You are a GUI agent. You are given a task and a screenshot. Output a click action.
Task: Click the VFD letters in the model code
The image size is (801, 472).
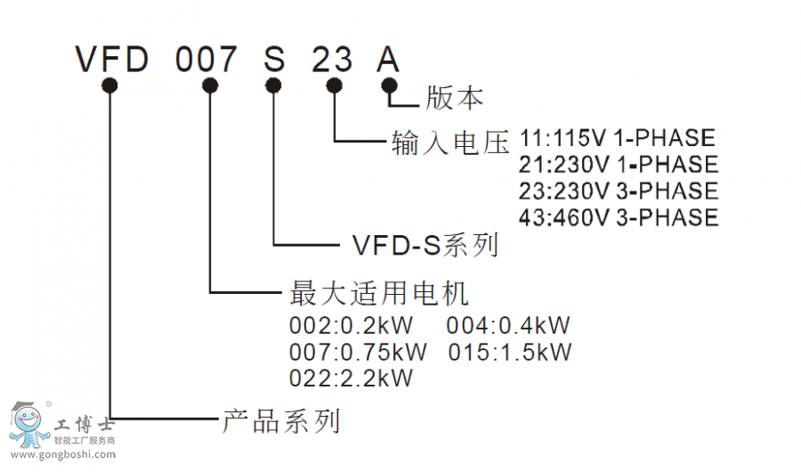110,59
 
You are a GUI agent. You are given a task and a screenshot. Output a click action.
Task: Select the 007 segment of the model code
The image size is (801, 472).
207,59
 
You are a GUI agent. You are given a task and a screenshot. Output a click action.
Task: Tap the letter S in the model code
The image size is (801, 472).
274,59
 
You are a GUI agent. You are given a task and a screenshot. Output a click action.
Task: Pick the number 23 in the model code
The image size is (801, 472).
333,59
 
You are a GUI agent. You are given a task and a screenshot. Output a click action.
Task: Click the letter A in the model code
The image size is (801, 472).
388,59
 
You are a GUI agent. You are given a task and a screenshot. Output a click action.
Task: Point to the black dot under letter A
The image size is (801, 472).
388,85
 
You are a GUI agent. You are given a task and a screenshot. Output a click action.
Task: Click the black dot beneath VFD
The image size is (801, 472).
110,85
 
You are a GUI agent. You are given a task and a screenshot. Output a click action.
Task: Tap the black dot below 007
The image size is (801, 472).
210,85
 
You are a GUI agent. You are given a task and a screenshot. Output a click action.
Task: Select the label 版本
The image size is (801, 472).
454,97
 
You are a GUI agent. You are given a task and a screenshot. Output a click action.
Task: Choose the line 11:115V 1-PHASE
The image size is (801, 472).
617,138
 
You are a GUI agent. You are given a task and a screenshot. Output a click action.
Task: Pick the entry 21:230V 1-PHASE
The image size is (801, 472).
618,165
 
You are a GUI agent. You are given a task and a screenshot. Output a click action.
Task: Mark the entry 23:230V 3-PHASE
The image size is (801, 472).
618,191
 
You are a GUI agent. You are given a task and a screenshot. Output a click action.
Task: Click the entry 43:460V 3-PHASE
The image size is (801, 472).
618,217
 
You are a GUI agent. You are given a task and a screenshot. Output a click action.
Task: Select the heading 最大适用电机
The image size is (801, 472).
379,292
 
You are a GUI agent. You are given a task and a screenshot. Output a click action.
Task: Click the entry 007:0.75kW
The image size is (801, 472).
358,351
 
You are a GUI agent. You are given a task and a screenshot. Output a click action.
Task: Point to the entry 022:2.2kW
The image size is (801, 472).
352,378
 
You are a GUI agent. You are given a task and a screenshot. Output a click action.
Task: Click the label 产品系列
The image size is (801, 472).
280,419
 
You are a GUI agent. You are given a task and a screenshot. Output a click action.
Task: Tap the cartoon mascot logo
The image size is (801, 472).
30,425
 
